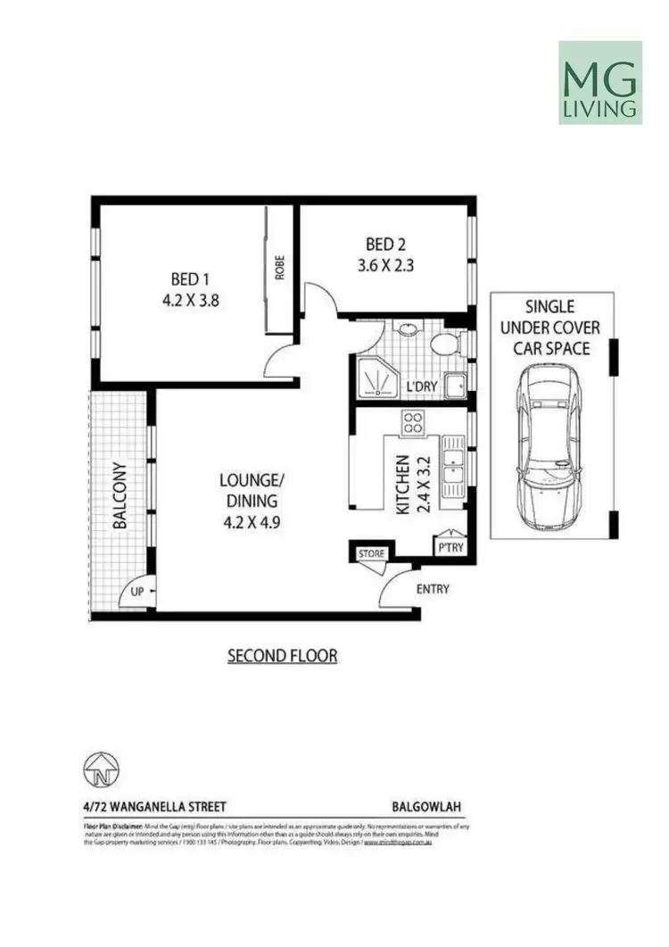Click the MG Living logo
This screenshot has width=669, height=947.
tap(599, 82)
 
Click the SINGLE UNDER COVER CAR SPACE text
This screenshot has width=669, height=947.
tap(551, 326)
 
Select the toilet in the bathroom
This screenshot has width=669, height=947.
tap(442, 345)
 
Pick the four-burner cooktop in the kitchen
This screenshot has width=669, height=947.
tap(413, 422)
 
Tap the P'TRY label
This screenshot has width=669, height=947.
tap(449, 547)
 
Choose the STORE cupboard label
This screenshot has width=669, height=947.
tap(371, 554)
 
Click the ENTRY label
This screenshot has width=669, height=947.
tap(433, 589)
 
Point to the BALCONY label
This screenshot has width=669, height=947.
tap(120, 496)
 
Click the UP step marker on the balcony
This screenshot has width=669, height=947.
tap(138, 592)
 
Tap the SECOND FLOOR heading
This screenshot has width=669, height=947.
tap(282, 656)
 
